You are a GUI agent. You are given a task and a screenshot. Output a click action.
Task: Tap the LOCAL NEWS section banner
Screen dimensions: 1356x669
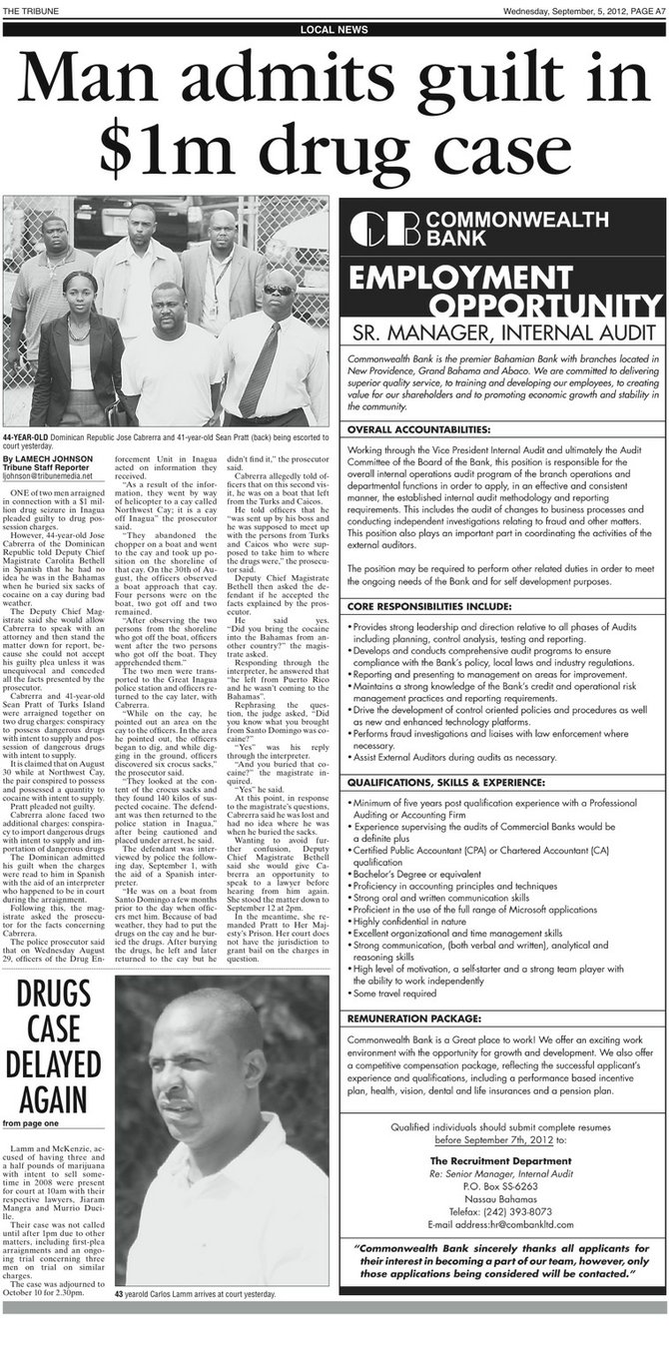[x=334, y=30]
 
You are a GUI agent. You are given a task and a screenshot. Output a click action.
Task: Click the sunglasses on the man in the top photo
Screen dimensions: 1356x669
[x=279, y=290]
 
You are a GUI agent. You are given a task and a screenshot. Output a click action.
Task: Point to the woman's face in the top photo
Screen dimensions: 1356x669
[x=78, y=297]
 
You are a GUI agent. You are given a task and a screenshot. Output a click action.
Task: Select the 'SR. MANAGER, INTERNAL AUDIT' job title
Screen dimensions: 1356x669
[x=503, y=332]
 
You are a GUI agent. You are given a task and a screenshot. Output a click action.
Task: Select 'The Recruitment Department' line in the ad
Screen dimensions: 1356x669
[x=502, y=1161]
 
